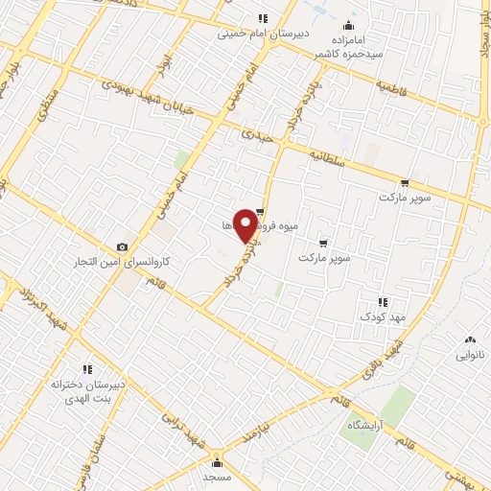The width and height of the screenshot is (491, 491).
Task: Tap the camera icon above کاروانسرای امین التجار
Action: pos(121,247)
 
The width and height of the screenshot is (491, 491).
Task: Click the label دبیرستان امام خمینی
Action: pos(264,34)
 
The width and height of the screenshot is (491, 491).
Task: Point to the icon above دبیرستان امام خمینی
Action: pos(263,18)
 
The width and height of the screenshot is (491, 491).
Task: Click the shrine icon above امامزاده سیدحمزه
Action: pos(347,25)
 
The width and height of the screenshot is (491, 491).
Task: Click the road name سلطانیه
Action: pos(329,156)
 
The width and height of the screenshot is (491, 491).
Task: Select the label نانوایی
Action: pos(470,354)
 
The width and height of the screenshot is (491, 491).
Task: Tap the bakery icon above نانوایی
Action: pos(470,339)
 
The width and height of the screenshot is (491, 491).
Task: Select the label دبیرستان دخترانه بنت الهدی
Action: pos(88,389)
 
